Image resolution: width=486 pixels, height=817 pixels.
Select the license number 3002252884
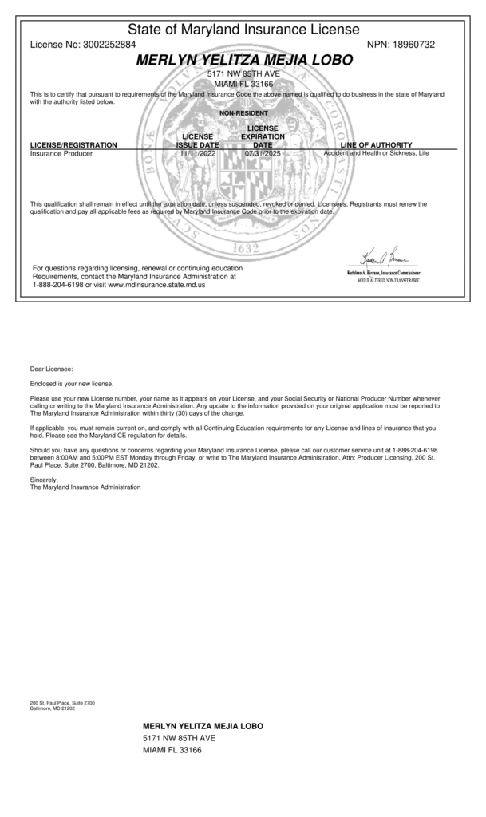tap(109, 45)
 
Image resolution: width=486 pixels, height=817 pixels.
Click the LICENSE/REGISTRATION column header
tap(73, 144)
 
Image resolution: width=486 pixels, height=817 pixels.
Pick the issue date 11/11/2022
tap(197, 153)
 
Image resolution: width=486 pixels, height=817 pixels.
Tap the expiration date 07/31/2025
tap(263, 153)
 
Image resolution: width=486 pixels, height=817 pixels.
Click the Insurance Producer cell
tap(61, 153)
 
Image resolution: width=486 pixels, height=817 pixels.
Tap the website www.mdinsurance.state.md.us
tap(156, 284)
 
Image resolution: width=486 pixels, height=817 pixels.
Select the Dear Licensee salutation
tap(51, 369)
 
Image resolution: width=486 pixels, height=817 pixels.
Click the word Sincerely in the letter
tap(45, 480)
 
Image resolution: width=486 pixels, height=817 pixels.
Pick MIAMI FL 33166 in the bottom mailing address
tap(172, 750)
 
